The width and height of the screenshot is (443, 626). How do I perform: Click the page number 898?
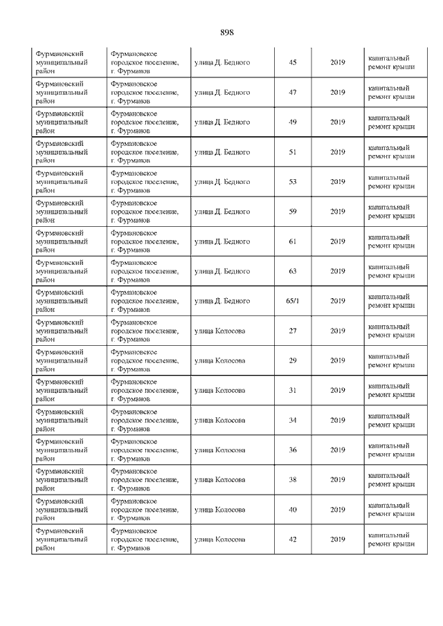tap(227, 33)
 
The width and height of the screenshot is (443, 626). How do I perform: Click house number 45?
tap(292, 63)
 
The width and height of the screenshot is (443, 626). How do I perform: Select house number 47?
tap(292, 93)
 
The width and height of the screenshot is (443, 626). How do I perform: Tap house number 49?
tap(292, 122)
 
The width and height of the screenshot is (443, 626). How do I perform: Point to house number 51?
tap(292, 152)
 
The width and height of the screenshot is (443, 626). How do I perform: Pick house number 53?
tap(292, 182)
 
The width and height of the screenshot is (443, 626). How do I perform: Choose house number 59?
tap(292, 212)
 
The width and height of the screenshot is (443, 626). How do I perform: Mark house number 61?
tap(292, 241)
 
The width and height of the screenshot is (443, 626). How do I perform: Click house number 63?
tap(292, 271)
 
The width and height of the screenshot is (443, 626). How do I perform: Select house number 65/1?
tap(292, 301)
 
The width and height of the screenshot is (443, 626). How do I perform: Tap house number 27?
tap(292, 331)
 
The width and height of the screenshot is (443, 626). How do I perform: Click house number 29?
tap(292, 360)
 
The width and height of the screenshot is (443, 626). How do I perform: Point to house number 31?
tap(292, 390)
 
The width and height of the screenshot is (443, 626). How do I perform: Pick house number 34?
tap(292, 420)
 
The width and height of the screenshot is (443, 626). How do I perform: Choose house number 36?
tap(292, 450)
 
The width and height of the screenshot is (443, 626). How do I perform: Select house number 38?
tap(292, 479)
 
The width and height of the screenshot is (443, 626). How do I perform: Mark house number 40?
tap(292, 510)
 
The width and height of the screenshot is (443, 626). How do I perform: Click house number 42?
tap(292, 540)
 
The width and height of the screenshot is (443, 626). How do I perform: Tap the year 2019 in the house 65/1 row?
tap(338, 301)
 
